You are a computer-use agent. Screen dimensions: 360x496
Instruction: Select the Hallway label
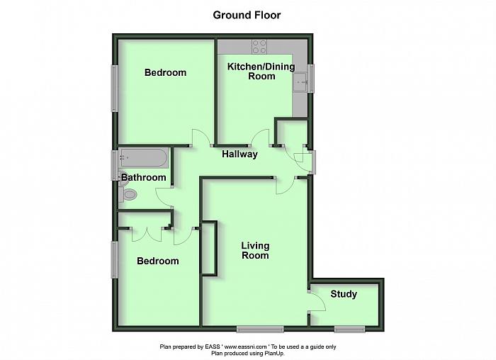point(239,154)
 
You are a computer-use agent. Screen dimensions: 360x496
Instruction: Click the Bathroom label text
point(143,177)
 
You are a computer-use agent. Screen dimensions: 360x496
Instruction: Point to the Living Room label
point(255,251)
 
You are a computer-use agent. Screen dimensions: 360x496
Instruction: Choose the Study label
point(344,294)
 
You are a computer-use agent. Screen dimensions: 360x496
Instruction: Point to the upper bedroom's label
point(165,72)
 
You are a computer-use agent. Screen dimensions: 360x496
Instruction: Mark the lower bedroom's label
point(157,261)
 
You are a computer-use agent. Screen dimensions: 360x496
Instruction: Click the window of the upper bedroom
point(113,88)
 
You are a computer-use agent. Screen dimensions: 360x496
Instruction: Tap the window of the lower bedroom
point(113,259)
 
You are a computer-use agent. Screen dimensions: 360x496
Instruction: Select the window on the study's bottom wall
point(349,328)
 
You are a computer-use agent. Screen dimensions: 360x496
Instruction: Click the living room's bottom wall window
point(260,328)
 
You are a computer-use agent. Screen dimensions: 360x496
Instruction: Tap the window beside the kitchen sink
point(311,78)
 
